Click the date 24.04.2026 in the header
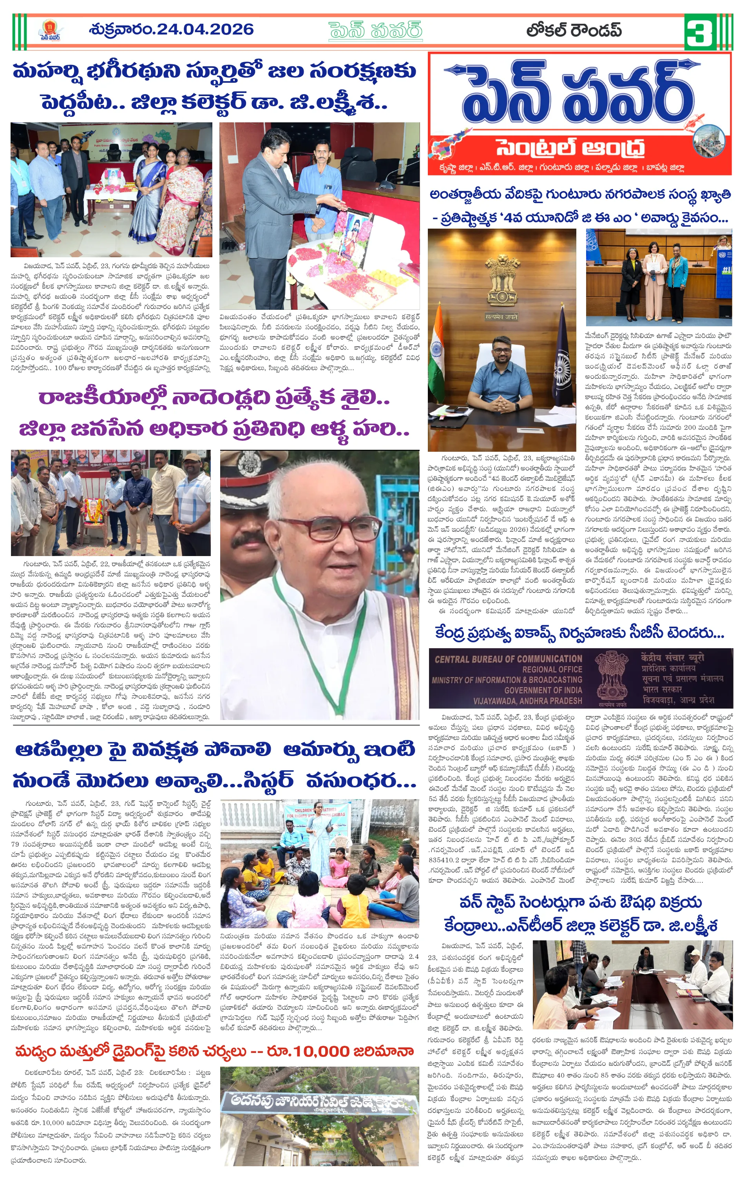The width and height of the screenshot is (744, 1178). pyautogui.click(x=205, y=30)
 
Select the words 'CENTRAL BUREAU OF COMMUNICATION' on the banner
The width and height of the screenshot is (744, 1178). pyautogui.click(x=509, y=658)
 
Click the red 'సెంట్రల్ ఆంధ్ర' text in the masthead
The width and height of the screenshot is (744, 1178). pyautogui.click(x=570, y=148)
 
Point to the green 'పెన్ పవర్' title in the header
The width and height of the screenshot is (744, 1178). pyautogui.click(x=375, y=30)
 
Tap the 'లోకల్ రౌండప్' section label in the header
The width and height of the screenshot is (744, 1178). pyautogui.click(x=574, y=30)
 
